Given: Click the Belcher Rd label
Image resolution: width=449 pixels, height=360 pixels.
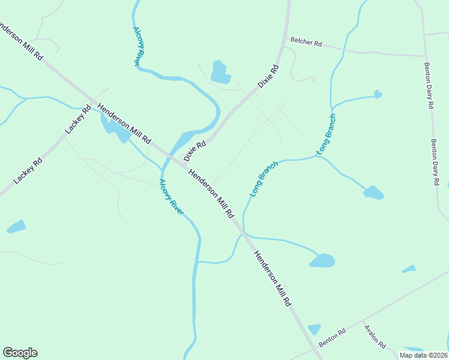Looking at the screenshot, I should [x=306, y=43].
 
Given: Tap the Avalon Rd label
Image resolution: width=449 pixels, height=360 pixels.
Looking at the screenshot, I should [x=375, y=337].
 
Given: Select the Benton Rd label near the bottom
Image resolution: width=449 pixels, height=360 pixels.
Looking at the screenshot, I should [x=333, y=337].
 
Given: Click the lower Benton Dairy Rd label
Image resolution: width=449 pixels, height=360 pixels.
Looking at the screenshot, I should [x=436, y=163].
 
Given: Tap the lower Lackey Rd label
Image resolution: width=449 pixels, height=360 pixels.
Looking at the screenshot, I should [x=28, y=170].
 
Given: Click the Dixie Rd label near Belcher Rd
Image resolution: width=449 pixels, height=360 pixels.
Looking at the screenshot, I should [x=270, y=77].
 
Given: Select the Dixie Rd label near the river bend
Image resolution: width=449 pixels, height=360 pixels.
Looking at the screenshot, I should [x=195, y=151].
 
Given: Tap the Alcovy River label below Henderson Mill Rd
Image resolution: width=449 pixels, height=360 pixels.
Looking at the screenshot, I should [x=172, y=197].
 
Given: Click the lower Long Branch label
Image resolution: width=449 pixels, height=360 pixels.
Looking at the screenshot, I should [x=264, y=179].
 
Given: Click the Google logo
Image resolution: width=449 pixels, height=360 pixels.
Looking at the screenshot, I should [x=20, y=353].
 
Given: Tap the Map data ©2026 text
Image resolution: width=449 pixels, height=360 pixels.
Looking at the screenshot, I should [x=423, y=355].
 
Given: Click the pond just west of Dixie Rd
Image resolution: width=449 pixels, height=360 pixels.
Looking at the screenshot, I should [x=220, y=73].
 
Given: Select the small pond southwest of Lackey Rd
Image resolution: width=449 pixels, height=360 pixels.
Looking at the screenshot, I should [x=16, y=227].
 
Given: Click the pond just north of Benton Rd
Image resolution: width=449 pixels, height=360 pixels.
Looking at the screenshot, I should [x=315, y=329].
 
